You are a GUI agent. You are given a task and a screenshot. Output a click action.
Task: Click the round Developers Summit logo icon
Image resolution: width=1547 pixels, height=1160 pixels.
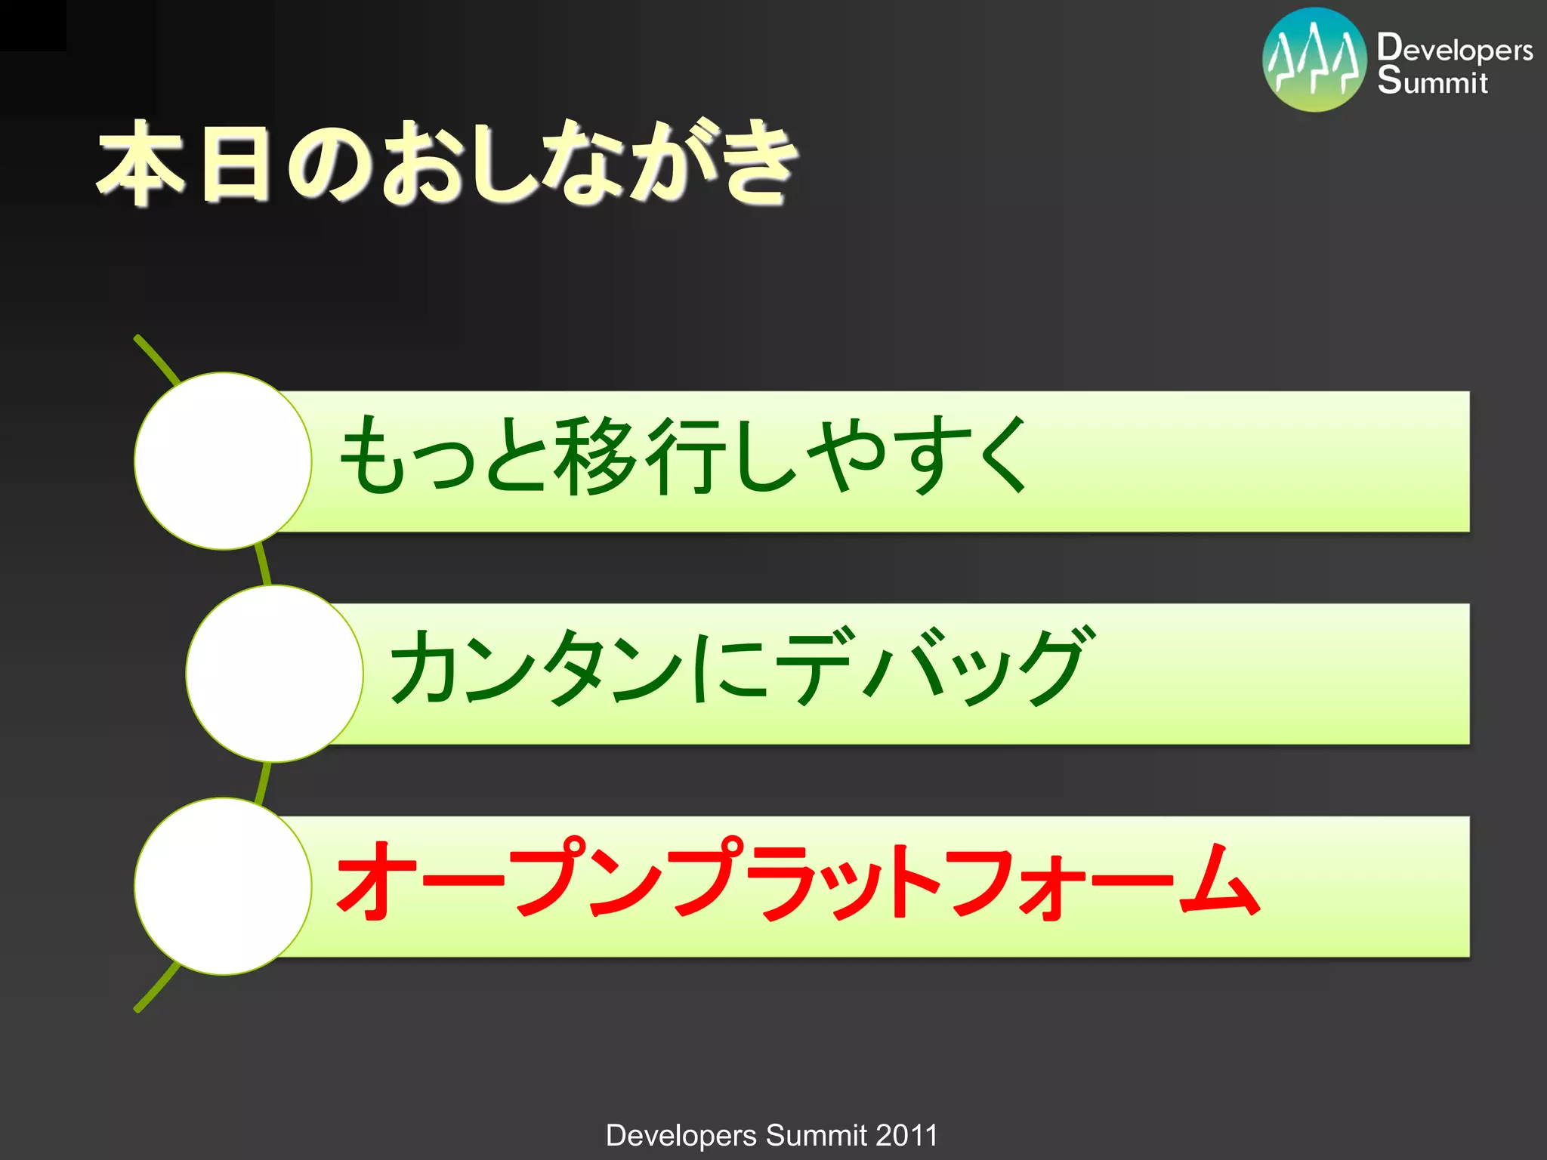1314,60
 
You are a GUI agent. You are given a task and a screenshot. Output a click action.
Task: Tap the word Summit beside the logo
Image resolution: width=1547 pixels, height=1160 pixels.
1431,81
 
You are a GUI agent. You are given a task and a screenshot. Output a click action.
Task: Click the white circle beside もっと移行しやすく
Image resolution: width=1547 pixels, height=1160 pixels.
223,461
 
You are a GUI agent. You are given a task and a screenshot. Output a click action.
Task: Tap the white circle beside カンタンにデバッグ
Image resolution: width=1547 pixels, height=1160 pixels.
274,674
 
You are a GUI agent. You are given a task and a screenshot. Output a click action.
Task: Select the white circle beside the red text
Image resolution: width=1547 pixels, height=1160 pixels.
223,886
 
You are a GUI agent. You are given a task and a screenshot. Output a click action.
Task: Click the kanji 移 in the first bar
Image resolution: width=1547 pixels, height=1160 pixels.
596,456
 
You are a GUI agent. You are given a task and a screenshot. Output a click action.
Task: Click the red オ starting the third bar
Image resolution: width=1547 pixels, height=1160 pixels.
372,880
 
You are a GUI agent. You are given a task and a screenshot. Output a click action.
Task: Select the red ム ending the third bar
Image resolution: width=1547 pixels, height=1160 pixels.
1220,880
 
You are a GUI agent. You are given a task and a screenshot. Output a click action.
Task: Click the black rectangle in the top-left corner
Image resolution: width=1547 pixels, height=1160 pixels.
32,25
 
